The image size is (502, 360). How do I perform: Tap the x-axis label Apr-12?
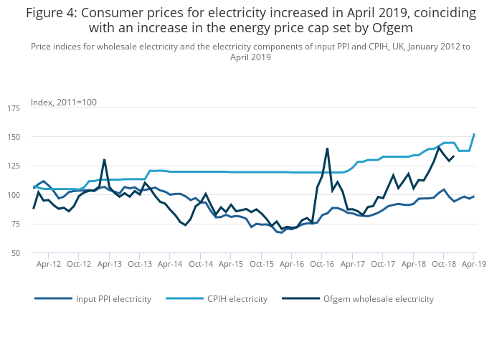(x=49, y=265)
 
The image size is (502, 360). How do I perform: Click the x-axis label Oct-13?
(x=140, y=265)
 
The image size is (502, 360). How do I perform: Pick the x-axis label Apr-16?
(x=292, y=265)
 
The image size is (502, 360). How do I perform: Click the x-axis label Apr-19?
(x=473, y=265)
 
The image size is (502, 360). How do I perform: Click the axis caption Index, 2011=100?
(x=64, y=103)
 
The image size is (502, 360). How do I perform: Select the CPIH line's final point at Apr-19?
(x=474, y=134)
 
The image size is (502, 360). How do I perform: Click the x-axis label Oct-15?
(x=262, y=265)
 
